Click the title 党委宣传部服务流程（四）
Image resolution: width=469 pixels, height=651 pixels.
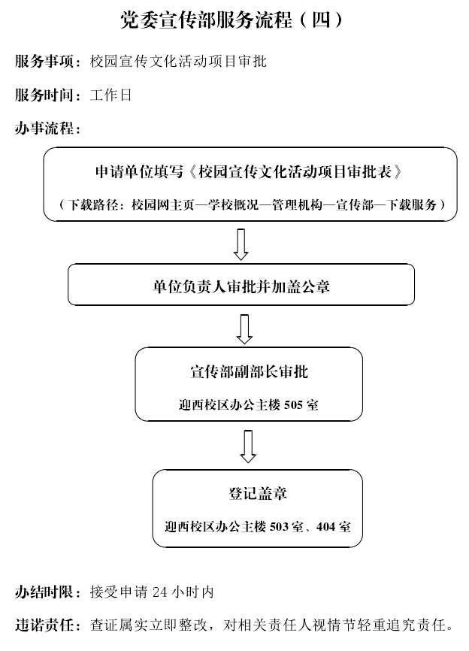tap(232, 20)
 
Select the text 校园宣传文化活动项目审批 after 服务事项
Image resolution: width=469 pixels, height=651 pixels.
tap(178, 62)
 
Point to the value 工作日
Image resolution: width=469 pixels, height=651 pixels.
tap(110, 95)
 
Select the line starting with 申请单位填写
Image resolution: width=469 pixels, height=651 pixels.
tap(249, 171)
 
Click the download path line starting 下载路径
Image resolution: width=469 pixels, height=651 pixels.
tap(252, 204)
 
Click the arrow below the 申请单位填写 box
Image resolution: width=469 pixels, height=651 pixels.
tap(241, 244)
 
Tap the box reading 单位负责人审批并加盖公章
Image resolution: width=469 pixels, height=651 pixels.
tap(241, 285)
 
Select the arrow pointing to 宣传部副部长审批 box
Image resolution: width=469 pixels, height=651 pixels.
tap(244, 329)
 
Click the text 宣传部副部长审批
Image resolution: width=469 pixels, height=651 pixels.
tap(249, 371)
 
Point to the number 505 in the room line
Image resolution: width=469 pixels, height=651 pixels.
tap(293, 404)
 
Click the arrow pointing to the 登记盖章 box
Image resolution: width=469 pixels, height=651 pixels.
tap(248, 447)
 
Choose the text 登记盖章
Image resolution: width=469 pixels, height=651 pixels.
tap(257, 494)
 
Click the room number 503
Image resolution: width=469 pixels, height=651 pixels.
tap(279, 527)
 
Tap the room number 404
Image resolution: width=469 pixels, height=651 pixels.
tap(325, 527)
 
